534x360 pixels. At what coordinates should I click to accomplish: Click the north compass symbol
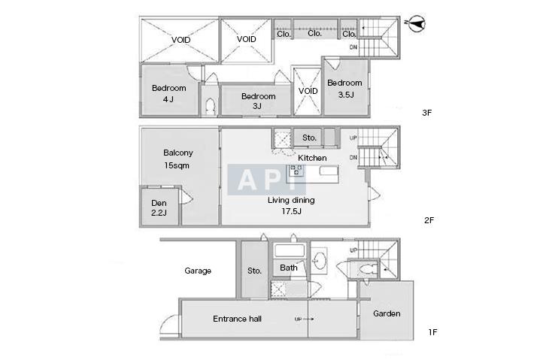pyautogui.click(x=417, y=23)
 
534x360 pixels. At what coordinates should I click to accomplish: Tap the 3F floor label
pyautogui.click(x=426, y=113)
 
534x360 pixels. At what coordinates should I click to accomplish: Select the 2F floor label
pyautogui.click(x=429, y=220)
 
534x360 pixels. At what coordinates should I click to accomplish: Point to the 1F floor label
pyautogui.click(x=432, y=332)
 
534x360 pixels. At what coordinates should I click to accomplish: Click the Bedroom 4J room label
pyautogui.click(x=169, y=93)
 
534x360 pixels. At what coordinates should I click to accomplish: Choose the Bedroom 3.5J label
pyautogui.click(x=344, y=89)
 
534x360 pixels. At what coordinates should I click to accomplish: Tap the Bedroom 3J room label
pyautogui.click(x=258, y=101)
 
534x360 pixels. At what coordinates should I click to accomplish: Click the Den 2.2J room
pyautogui.click(x=159, y=207)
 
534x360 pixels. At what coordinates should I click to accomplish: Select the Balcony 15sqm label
pyautogui.click(x=177, y=159)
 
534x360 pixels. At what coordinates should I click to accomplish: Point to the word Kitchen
pyautogui.click(x=312, y=158)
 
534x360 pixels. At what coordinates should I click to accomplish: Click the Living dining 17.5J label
pyautogui.click(x=291, y=205)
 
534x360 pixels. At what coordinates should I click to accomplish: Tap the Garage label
pyautogui.click(x=198, y=271)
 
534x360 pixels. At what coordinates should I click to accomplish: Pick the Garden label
pyautogui.click(x=387, y=313)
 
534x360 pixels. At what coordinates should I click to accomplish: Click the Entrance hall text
pyautogui.click(x=238, y=319)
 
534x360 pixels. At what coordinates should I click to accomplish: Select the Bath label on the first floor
pyautogui.click(x=289, y=268)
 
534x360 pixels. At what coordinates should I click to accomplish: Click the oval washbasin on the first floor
pyautogui.click(x=320, y=260)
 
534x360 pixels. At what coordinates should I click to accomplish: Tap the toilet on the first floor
pyautogui.click(x=366, y=270)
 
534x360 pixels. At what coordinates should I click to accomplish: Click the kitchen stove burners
pyautogui.click(x=296, y=170)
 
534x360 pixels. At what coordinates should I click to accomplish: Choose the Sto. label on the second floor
pyautogui.click(x=309, y=138)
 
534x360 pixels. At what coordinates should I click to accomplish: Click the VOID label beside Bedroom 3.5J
pyautogui.click(x=308, y=91)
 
